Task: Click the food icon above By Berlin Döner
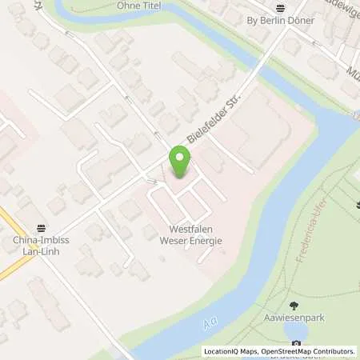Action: click(x=279, y=8)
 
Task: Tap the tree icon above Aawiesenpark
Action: click(x=295, y=305)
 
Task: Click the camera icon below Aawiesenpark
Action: click(x=297, y=345)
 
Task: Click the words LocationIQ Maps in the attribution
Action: click(x=230, y=351)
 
